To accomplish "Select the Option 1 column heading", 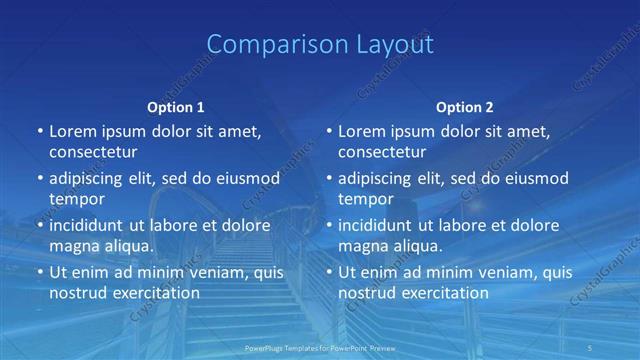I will click(x=176, y=107).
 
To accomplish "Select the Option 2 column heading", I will click(x=465, y=107).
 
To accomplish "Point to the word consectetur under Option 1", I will click(x=93, y=153).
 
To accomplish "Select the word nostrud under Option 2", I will click(x=367, y=293).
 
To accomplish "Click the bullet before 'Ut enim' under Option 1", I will click(x=39, y=272).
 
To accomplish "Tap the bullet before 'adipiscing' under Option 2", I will click(x=328, y=179).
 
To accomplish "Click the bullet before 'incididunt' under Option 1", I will click(x=39, y=225).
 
